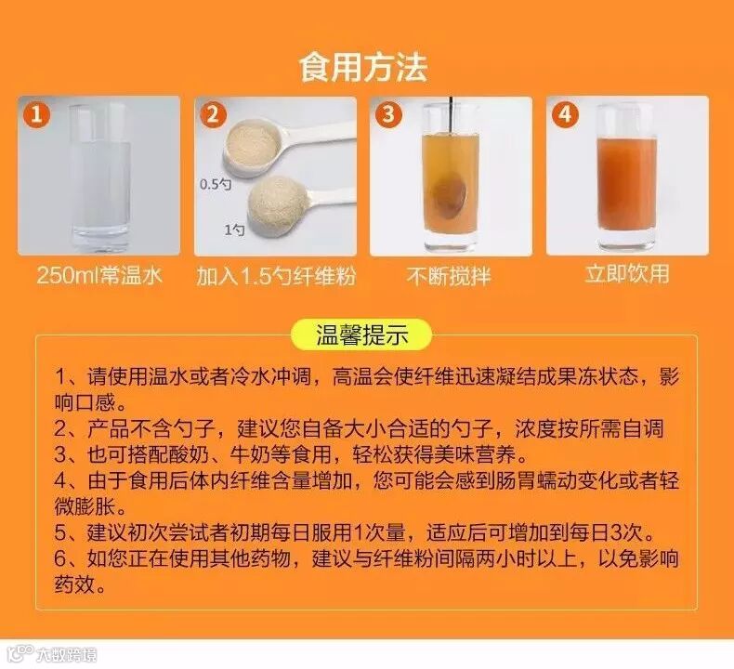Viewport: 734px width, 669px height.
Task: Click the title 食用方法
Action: (x=362, y=69)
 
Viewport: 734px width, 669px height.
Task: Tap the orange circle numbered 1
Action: (x=37, y=114)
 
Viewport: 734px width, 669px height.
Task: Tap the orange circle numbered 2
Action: (x=213, y=114)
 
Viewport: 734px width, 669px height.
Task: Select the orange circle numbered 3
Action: (x=389, y=114)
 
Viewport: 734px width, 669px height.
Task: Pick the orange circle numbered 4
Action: (x=565, y=114)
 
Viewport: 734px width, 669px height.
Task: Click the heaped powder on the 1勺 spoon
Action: (x=271, y=204)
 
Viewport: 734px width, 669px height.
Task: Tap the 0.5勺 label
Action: (x=216, y=185)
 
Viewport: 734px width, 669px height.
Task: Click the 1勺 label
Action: (x=234, y=230)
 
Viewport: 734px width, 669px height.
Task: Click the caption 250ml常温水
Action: (x=99, y=275)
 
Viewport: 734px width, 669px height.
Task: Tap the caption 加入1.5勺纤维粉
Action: (x=276, y=276)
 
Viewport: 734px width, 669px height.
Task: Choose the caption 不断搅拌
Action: (x=449, y=276)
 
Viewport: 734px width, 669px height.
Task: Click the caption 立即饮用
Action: (x=627, y=273)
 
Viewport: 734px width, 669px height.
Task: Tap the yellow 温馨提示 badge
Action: (x=361, y=334)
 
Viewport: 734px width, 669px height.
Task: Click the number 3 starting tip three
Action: (x=61, y=455)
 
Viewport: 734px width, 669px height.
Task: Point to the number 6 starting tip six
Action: (x=61, y=558)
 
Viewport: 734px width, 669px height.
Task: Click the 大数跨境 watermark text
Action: (x=67, y=654)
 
